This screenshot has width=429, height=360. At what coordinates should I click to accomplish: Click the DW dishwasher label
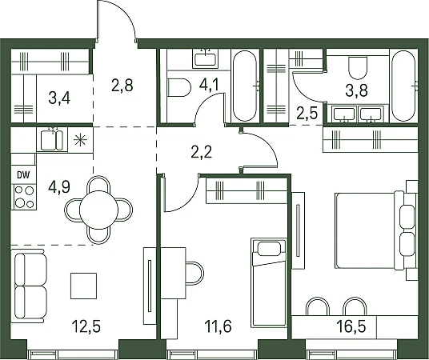[x=23, y=175]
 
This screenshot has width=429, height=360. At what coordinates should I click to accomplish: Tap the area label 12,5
[x=86, y=326]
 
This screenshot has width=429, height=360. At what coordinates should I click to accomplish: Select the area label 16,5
[x=351, y=326]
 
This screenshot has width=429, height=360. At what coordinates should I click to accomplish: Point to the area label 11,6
[x=218, y=326]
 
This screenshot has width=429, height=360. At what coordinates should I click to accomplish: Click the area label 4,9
[x=59, y=187]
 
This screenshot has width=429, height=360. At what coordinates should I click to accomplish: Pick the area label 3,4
[x=59, y=98]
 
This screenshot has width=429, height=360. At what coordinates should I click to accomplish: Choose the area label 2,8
[x=122, y=85]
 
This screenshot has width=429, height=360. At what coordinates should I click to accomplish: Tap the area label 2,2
[x=202, y=152]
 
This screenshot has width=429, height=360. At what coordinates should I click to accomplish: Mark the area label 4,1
[x=209, y=85]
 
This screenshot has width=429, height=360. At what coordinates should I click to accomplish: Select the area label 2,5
[x=307, y=114]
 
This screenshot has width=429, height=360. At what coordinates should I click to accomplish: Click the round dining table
[x=98, y=210]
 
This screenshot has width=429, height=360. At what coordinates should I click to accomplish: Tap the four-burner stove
[x=24, y=197]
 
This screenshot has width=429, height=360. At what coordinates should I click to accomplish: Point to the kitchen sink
[x=52, y=140]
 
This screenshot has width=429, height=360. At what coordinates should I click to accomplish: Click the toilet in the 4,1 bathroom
[x=179, y=87]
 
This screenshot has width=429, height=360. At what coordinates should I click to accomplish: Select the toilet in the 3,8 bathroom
[x=358, y=67]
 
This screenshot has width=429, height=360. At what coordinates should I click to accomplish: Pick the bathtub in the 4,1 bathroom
[x=245, y=86]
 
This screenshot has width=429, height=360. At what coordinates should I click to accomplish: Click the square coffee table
[x=83, y=286]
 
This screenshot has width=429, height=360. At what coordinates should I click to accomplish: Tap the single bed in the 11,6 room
[x=269, y=282]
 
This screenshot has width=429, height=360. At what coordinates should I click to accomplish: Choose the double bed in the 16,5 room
[x=369, y=230]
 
